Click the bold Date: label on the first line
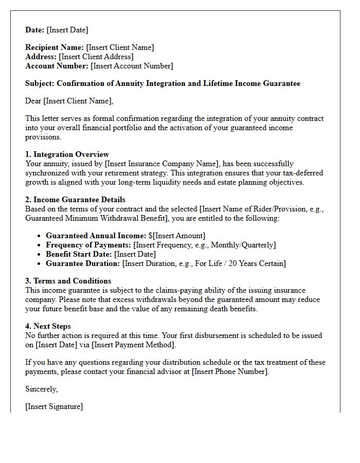point(35,30)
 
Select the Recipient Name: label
point(55,47)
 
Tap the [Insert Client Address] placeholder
point(96,57)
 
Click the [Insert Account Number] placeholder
point(132,66)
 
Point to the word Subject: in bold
point(40,83)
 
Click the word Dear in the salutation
point(33,101)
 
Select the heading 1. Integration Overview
point(67,154)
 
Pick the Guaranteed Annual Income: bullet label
point(96,236)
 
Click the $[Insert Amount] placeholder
point(177,236)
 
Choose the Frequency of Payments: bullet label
point(88,245)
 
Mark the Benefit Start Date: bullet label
point(79,254)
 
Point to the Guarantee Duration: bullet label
point(83,263)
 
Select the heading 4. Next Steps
point(48,326)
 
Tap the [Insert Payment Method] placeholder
point(134,345)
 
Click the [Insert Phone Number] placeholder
point(230,371)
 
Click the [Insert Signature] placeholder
point(54,406)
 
